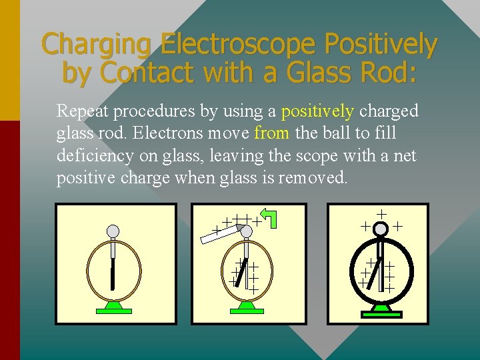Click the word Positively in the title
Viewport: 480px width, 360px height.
[381, 45]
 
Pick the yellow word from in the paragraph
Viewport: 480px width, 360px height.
[271, 133]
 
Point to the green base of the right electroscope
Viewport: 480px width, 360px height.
[381, 307]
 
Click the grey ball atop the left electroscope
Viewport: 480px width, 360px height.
[113, 231]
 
